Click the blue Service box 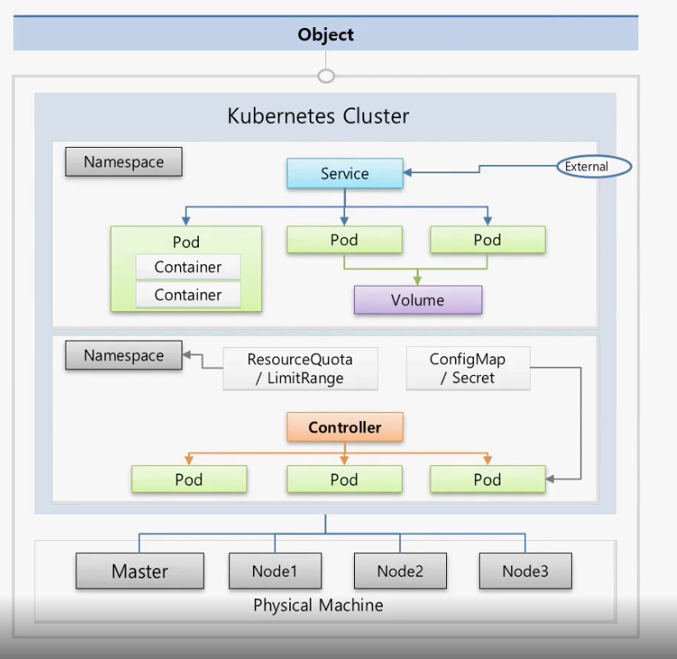tap(344, 173)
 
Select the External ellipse tap(586, 167)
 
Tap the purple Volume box tap(417, 300)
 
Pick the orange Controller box tap(344, 428)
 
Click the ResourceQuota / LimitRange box tap(300, 368)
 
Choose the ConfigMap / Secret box tap(467, 368)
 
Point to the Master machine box tap(140, 571)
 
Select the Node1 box tap(274, 570)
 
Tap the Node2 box tap(400, 570)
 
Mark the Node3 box tap(525, 570)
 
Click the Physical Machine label tap(318, 606)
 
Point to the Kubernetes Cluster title tap(318, 116)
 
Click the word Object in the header tap(325, 34)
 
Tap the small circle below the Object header tap(326, 76)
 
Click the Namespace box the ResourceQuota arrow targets tap(124, 356)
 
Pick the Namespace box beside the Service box tap(124, 162)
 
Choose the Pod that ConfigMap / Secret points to tap(487, 479)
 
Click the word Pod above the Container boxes tap(187, 242)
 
